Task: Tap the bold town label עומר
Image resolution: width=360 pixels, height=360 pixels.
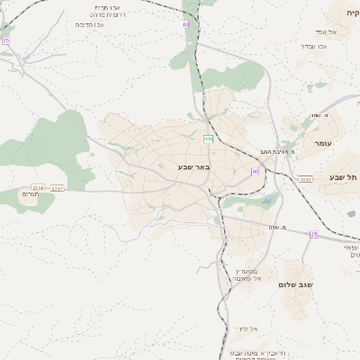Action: (324, 144)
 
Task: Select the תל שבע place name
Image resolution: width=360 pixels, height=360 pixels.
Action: (344, 177)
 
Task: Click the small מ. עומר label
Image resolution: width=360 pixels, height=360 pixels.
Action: (316, 114)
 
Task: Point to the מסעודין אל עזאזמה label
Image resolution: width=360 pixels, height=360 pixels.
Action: (247, 274)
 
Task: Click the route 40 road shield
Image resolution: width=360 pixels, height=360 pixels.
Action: (185, 25)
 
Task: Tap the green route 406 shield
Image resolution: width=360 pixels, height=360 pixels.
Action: (208, 138)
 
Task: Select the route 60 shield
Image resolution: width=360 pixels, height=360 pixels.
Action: (256, 171)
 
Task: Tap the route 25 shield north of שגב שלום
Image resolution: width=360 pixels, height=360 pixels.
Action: (314, 234)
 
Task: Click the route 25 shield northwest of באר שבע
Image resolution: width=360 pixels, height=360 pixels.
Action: (5, 40)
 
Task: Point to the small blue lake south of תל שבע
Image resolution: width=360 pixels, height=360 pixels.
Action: (350, 214)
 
